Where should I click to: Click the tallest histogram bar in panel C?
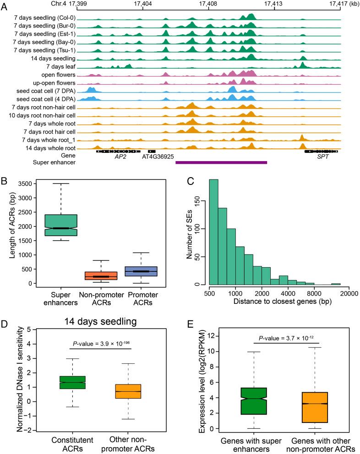tap(214, 232)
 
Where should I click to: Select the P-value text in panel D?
tap(101, 345)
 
